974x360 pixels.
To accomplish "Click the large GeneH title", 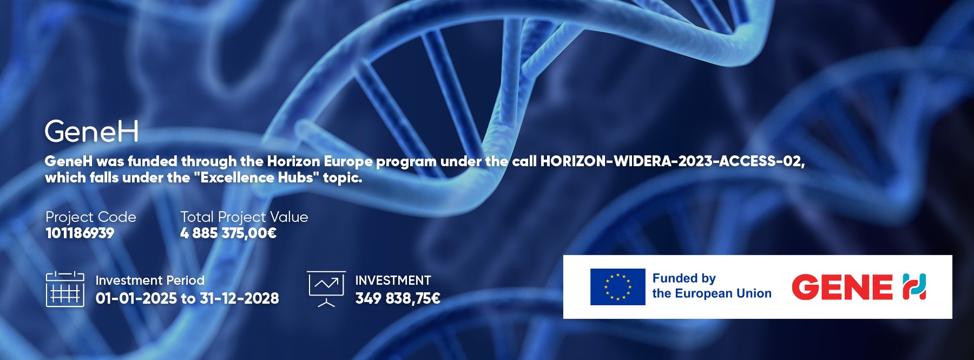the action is pyautogui.click(x=91, y=132).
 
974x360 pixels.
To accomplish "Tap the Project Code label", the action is pyautogui.click(x=91, y=217).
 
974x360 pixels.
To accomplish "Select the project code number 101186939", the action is pyautogui.click(x=80, y=233).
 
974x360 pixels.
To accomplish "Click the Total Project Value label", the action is pyautogui.click(x=244, y=217).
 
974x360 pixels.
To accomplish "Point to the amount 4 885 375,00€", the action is pyautogui.click(x=228, y=233).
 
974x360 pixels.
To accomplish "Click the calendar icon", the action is pyautogui.click(x=65, y=290).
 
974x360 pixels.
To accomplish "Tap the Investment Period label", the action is pyautogui.click(x=150, y=280).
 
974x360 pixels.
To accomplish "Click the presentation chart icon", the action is pyautogui.click(x=326, y=289).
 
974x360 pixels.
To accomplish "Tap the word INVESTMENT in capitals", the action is pyautogui.click(x=393, y=280).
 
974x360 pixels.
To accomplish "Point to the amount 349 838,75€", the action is pyautogui.click(x=398, y=298).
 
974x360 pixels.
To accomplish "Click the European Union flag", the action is pyautogui.click(x=618, y=287).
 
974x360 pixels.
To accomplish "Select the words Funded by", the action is pyautogui.click(x=684, y=278).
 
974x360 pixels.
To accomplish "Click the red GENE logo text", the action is pyautogui.click(x=842, y=287).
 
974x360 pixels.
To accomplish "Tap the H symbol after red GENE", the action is pyautogui.click(x=914, y=287).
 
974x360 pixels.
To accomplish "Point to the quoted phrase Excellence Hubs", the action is pyautogui.click(x=257, y=178).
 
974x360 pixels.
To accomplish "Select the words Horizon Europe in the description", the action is pyautogui.click(x=319, y=161).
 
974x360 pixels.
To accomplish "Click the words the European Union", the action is pyautogui.click(x=712, y=293).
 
